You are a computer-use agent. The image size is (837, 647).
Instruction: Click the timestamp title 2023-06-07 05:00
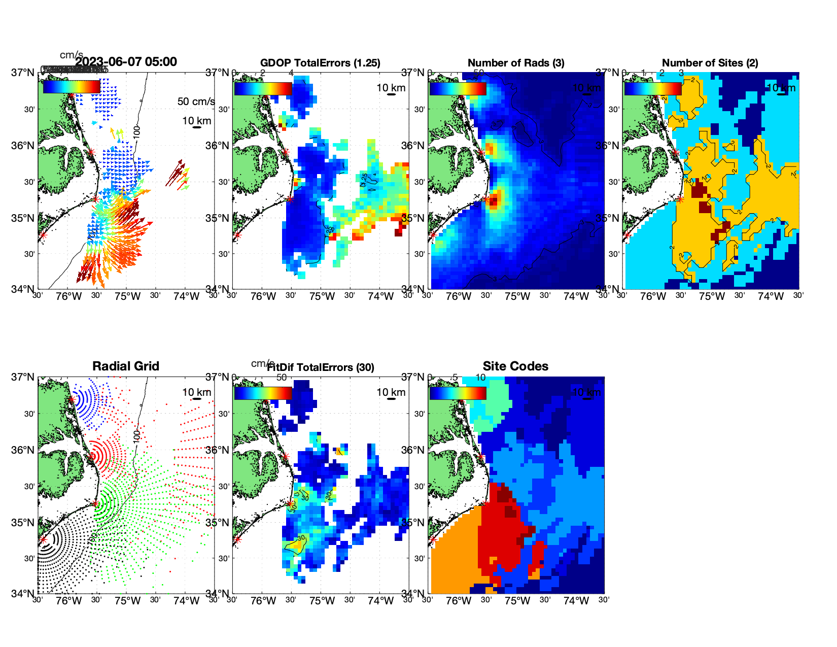tap(126, 62)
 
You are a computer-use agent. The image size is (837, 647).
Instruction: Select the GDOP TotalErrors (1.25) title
tap(320, 63)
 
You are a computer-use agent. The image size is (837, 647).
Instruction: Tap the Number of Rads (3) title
tap(516, 63)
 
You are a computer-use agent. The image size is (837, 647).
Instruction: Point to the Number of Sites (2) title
tap(710, 63)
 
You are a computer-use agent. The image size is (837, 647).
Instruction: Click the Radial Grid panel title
tap(126, 366)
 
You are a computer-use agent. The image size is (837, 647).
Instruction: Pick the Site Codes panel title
tap(515, 366)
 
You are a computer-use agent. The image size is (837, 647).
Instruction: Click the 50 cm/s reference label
tap(196, 101)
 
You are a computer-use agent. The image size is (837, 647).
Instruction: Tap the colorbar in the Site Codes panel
tap(458, 393)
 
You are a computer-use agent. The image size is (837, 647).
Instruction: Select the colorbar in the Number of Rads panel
tap(458, 89)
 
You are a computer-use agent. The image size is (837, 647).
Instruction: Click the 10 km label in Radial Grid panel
tap(196, 392)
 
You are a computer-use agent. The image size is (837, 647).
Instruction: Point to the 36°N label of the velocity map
tap(24, 146)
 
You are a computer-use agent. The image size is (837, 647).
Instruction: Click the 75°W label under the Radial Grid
tap(127, 601)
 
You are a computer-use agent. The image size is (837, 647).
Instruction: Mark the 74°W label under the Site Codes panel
tap(576, 601)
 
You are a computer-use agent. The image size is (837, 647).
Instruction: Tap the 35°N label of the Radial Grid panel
tap(24, 523)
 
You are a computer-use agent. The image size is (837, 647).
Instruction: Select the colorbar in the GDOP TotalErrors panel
tap(263, 89)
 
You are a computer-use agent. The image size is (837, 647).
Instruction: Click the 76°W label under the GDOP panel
tap(263, 297)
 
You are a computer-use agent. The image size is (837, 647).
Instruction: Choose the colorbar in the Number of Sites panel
tap(653, 89)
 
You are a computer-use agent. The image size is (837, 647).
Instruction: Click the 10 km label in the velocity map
tap(196, 121)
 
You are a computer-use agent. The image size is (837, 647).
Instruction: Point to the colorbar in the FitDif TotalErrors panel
tap(263, 393)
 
